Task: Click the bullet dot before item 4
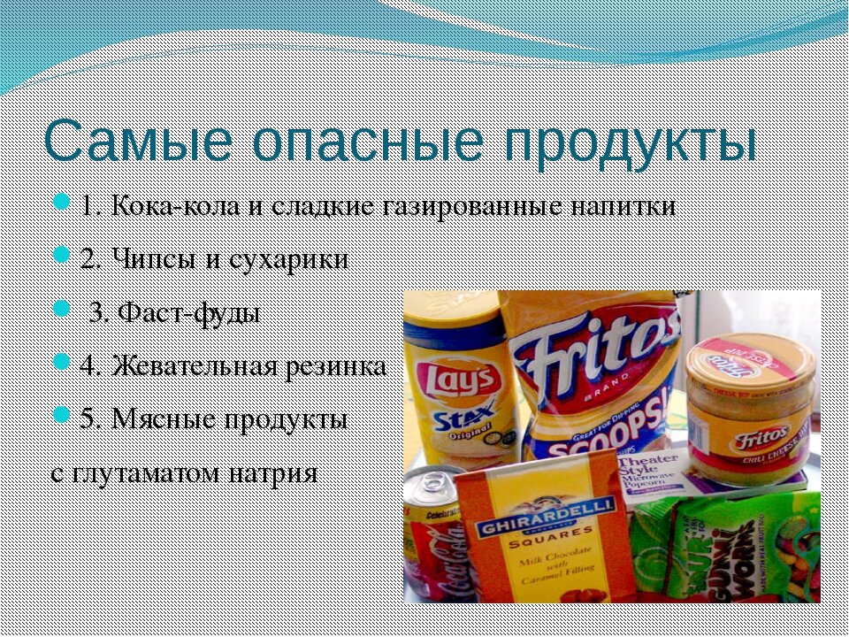point(61,362)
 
